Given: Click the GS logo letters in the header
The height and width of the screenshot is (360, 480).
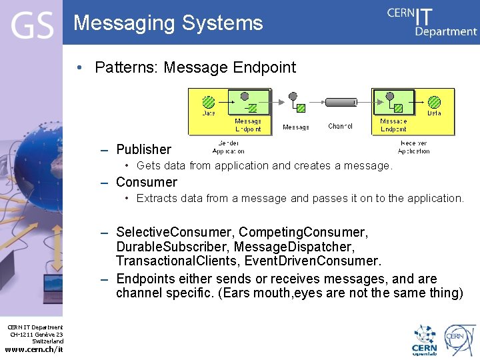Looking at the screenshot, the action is click(x=31, y=25).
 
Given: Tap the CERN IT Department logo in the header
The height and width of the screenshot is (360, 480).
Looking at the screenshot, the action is click(x=432, y=21).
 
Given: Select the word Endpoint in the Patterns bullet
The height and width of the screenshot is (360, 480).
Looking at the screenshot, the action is click(x=264, y=67).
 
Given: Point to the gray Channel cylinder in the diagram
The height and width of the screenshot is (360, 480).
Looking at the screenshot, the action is click(x=341, y=103).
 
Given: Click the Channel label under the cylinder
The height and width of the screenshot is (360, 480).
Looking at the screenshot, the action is click(x=340, y=126).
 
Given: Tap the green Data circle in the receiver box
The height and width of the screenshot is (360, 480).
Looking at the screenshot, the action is click(x=434, y=102).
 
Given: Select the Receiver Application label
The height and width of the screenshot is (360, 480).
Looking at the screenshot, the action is click(x=413, y=147).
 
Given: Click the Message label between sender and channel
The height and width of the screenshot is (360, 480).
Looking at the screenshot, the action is click(x=296, y=127).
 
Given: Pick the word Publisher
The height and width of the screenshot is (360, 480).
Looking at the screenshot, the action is click(x=143, y=149).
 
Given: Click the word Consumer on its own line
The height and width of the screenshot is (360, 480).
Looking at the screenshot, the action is click(x=147, y=182).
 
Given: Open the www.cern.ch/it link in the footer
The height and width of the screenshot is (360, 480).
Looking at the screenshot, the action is click(x=34, y=349).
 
